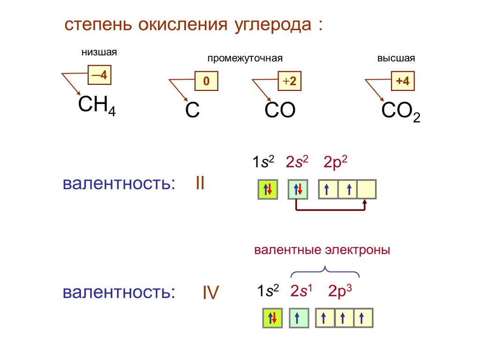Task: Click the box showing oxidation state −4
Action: coord(99,75)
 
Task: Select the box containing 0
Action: coord(206,81)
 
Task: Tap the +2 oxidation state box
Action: coord(289,81)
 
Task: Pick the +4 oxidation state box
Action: coord(402,81)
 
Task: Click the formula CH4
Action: coord(97,106)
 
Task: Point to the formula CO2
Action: coord(401,112)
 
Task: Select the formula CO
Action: coord(280,111)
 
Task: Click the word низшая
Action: coord(99,52)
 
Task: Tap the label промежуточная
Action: coord(246,59)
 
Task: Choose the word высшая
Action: coord(396,59)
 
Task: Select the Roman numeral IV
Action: coord(210,293)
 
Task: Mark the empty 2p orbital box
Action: coord(367,189)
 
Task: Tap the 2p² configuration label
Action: coord(335,162)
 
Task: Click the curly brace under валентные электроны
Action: coord(325,271)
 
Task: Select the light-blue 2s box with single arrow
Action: coord(299,318)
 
